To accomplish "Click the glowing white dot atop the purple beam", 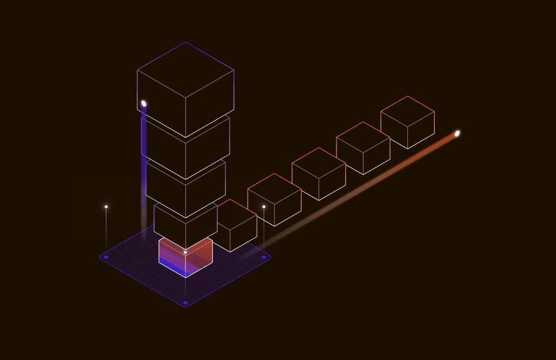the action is [144, 104].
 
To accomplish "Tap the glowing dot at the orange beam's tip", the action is [457, 133].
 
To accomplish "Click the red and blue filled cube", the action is [185, 257].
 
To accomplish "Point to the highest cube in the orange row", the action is [407, 122].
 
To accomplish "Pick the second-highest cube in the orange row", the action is [363, 148].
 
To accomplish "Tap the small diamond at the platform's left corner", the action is [106, 257].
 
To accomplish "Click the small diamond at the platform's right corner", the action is [264, 257].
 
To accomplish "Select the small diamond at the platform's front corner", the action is [185, 302].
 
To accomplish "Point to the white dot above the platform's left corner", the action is [106, 207].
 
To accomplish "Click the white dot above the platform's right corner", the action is [264, 207].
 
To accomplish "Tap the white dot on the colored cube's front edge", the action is [185, 253].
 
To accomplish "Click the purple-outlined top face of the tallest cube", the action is [185, 69].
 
